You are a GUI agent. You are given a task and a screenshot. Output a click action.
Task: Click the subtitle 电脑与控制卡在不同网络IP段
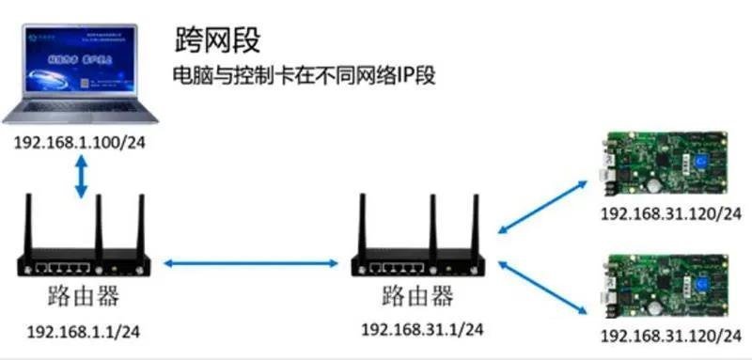tap(303, 74)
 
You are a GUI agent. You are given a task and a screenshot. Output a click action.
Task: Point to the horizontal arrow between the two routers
tap(252, 264)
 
